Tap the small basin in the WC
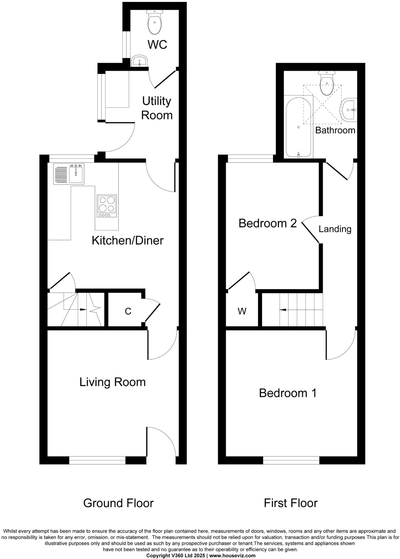[x=140, y=61]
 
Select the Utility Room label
[x=157, y=108]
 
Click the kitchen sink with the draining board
[x=69, y=174]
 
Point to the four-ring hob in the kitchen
[x=107, y=206]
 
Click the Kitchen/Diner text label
[x=128, y=240]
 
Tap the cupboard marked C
[x=128, y=311]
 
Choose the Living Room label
[x=112, y=382]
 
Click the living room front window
[x=97, y=460]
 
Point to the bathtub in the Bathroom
[x=298, y=127]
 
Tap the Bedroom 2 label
[x=267, y=223]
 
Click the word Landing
[x=335, y=229]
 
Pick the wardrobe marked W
[x=242, y=311]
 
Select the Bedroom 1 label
[x=288, y=393]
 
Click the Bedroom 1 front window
[x=291, y=460]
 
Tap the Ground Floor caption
[x=118, y=503]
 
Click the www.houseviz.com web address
[x=232, y=555]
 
